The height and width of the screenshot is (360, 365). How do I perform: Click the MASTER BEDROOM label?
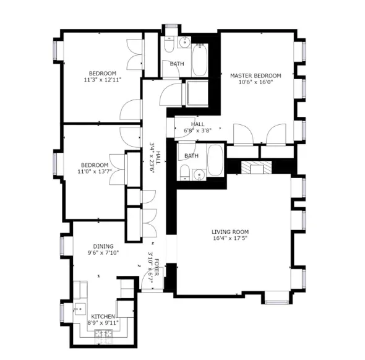(x=255, y=75)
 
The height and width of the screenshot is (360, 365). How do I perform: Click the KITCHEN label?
(x=102, y=316)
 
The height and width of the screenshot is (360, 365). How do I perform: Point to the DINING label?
(x=103, y=246)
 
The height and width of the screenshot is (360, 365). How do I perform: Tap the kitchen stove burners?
(x=103, y=334)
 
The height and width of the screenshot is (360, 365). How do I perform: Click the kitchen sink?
(x=80, y=307)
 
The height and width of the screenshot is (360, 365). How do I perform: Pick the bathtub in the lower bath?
(x=215, y=161)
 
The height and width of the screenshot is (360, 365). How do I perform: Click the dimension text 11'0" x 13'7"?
(x=95, y=173)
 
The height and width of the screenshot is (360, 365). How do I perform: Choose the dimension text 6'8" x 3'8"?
(x=197, y=131)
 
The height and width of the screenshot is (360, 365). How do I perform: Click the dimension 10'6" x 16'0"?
(x=255, y=83)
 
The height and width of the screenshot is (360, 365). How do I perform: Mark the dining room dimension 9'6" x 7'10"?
(x=103, y=253)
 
